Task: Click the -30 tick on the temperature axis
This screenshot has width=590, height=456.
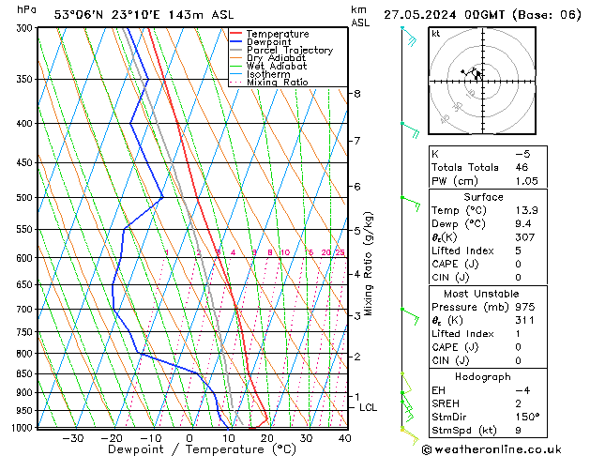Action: click(x=72, y=438)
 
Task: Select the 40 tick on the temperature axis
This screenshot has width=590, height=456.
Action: click(x=345, y=438)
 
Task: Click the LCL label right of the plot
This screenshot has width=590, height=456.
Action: click(x=369, y=407)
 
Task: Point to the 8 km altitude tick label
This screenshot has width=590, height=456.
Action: click(x=357, y=94)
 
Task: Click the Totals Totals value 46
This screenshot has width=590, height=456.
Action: click(x=522, y=167)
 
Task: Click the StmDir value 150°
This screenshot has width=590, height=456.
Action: click(x=527, y=417)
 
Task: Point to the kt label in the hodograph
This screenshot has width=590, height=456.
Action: click(x=435, y=33)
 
